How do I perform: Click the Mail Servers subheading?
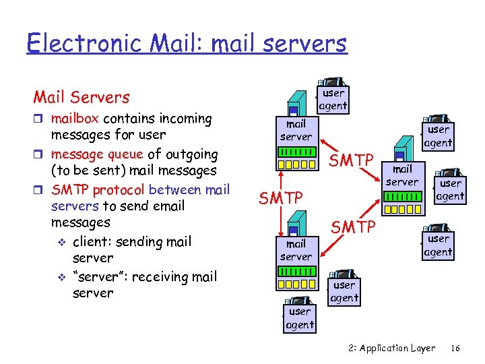pyautogui.click(x=82, y=97)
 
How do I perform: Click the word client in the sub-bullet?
pyautogui.click(x=94, y=241)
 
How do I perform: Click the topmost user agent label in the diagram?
pyautogui.click(x=333, y=99)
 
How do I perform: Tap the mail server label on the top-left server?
pyautogui.click(x=296, y=130)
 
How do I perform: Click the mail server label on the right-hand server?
pyautogui.click(x=402, y=175)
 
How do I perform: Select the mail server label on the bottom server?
pyautogui.click(x=296, y=250)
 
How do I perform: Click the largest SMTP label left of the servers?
pyautogui.click(x=282, y=198)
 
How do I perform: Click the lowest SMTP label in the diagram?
pyautogui.click(x=352, y=227)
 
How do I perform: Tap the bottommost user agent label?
pyautogui.click(x=300, y=318)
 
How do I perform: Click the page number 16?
pyautogui.click(x=455, y=348)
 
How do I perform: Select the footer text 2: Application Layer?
pyautogui.click(x=392, y=348)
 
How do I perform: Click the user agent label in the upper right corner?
pyautogui.click(x=439, y=135)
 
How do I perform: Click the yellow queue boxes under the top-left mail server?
pyautogui.click(x=297, y=164)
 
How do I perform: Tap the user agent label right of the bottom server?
pyautogui.click(x=344, y=291)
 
